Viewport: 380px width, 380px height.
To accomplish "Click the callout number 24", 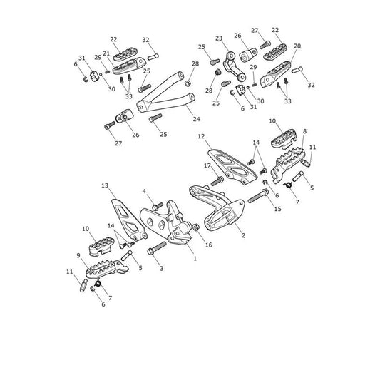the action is point(196,119).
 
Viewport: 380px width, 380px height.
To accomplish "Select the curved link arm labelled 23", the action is point(234,66).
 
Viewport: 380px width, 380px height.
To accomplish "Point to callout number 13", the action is point(105,185).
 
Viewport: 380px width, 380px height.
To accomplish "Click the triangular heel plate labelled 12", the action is point(232,168).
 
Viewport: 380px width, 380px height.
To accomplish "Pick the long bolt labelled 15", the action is point(258,196).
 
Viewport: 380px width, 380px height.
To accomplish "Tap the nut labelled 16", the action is point(196,227).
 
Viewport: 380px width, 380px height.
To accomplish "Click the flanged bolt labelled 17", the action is point(217,181).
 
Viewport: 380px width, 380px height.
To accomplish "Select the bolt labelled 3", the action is point(157,248).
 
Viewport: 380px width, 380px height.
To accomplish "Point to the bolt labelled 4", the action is point(158,207).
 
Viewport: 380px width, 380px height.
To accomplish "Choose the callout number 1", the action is point(195,259).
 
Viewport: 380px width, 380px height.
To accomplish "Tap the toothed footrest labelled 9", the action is point(107,269).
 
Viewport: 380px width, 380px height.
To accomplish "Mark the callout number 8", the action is point(304,131).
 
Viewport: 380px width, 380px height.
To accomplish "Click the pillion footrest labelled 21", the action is point(129,66).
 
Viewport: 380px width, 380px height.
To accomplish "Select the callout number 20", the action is point(297,46).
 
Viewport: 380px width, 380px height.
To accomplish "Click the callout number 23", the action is point(219,38).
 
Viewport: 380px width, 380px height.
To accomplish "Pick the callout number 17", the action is point(207,166).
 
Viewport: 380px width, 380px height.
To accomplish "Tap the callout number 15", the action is point(278,209).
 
